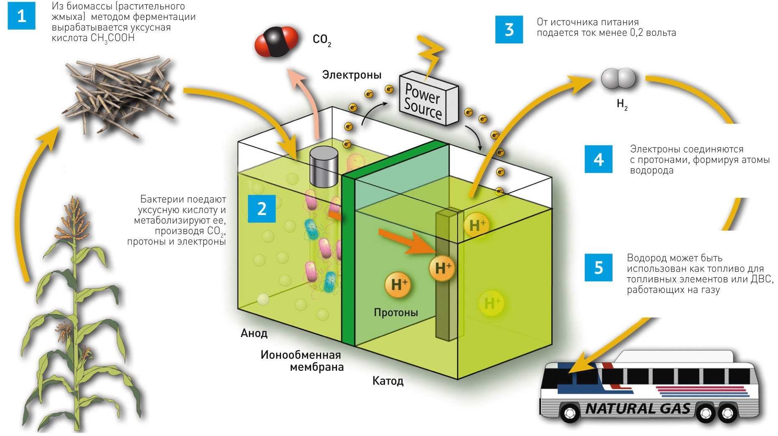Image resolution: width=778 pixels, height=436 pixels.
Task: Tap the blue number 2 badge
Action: (x=261, y=208)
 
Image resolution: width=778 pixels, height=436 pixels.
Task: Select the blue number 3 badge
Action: (x=509, y=29)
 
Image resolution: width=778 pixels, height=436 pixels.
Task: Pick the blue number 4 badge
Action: (x=598, y=159)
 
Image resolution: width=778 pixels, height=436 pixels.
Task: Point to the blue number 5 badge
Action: (x=598, y=267)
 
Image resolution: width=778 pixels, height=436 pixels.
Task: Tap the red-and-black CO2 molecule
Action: (x=276, y=41)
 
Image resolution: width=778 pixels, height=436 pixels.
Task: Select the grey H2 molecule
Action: (x=618, y=79)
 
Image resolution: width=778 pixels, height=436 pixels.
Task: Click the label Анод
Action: (x=254, y=333)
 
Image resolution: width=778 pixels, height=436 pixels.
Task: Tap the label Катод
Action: (x=388, y=381)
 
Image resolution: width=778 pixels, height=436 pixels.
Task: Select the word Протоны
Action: (x=395, y=312)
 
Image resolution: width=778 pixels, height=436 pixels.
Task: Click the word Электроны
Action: (x=352, y=75)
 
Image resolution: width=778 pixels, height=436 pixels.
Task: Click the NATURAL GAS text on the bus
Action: (x=638, y=408)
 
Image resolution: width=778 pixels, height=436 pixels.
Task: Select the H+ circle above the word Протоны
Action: (x=398, y=285)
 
